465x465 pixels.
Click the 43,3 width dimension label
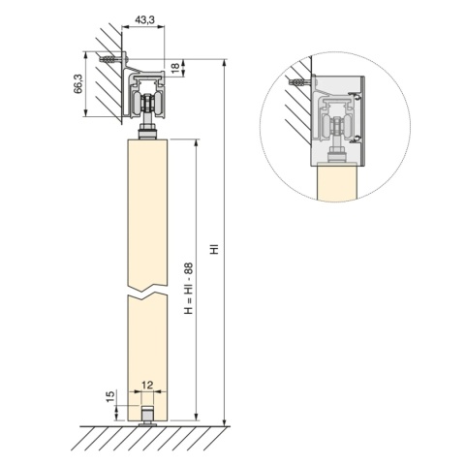144,19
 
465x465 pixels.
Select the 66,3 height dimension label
77,83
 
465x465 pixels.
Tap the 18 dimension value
174,68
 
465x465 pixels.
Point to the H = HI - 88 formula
188,288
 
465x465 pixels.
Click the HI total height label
215,248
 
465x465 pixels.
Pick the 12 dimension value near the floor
147,385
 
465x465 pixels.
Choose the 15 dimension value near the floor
110,397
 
